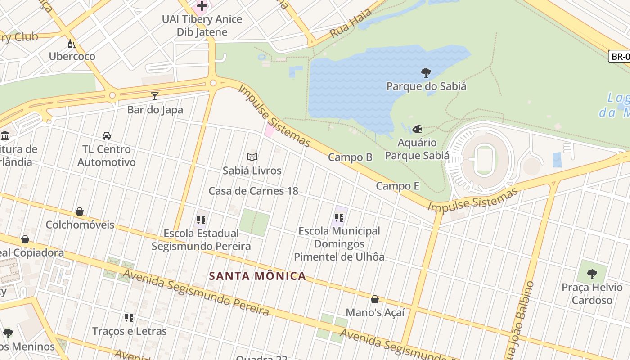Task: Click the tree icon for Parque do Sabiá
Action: [426, 72]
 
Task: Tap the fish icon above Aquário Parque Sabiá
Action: [417, 130]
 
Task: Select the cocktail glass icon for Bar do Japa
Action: [155, 96]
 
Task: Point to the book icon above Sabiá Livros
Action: [252, 157]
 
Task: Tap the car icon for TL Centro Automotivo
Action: [107, 135]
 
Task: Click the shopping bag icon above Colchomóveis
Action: [80, 211]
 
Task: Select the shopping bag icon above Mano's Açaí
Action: [374, 299]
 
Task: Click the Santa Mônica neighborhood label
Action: [258, 276]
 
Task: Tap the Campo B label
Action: [350, 157]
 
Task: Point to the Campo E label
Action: [397, 186]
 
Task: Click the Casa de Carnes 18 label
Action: [253, 191]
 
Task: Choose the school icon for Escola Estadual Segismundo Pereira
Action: [201, 220]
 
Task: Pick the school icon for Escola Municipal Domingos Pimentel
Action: [339, 218]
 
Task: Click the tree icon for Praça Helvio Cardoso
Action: [592, 274]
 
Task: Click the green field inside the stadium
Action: [484, 160]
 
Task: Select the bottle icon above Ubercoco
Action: [72, 44]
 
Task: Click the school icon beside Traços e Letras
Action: [129, 318]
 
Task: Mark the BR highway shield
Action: [620, 57]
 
